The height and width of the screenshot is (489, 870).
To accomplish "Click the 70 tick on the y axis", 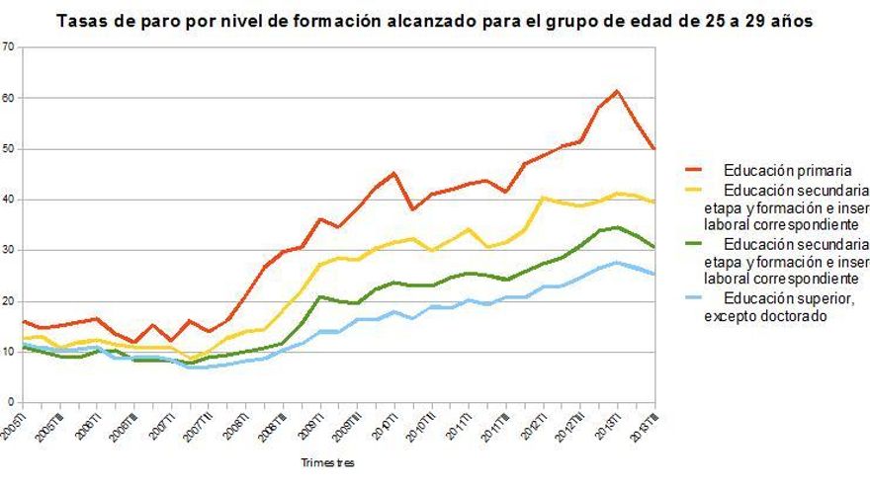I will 9,46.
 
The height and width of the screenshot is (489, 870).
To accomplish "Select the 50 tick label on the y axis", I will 9,148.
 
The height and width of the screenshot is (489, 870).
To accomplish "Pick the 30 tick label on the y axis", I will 9,250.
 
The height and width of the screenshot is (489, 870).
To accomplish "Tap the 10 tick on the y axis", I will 9,352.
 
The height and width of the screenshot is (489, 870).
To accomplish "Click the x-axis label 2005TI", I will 10,427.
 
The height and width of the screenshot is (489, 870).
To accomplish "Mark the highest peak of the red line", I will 617,91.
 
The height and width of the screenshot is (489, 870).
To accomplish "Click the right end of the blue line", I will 654,274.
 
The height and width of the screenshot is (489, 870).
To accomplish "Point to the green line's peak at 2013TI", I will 617,227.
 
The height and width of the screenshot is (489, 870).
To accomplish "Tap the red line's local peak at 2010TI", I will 394,173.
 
